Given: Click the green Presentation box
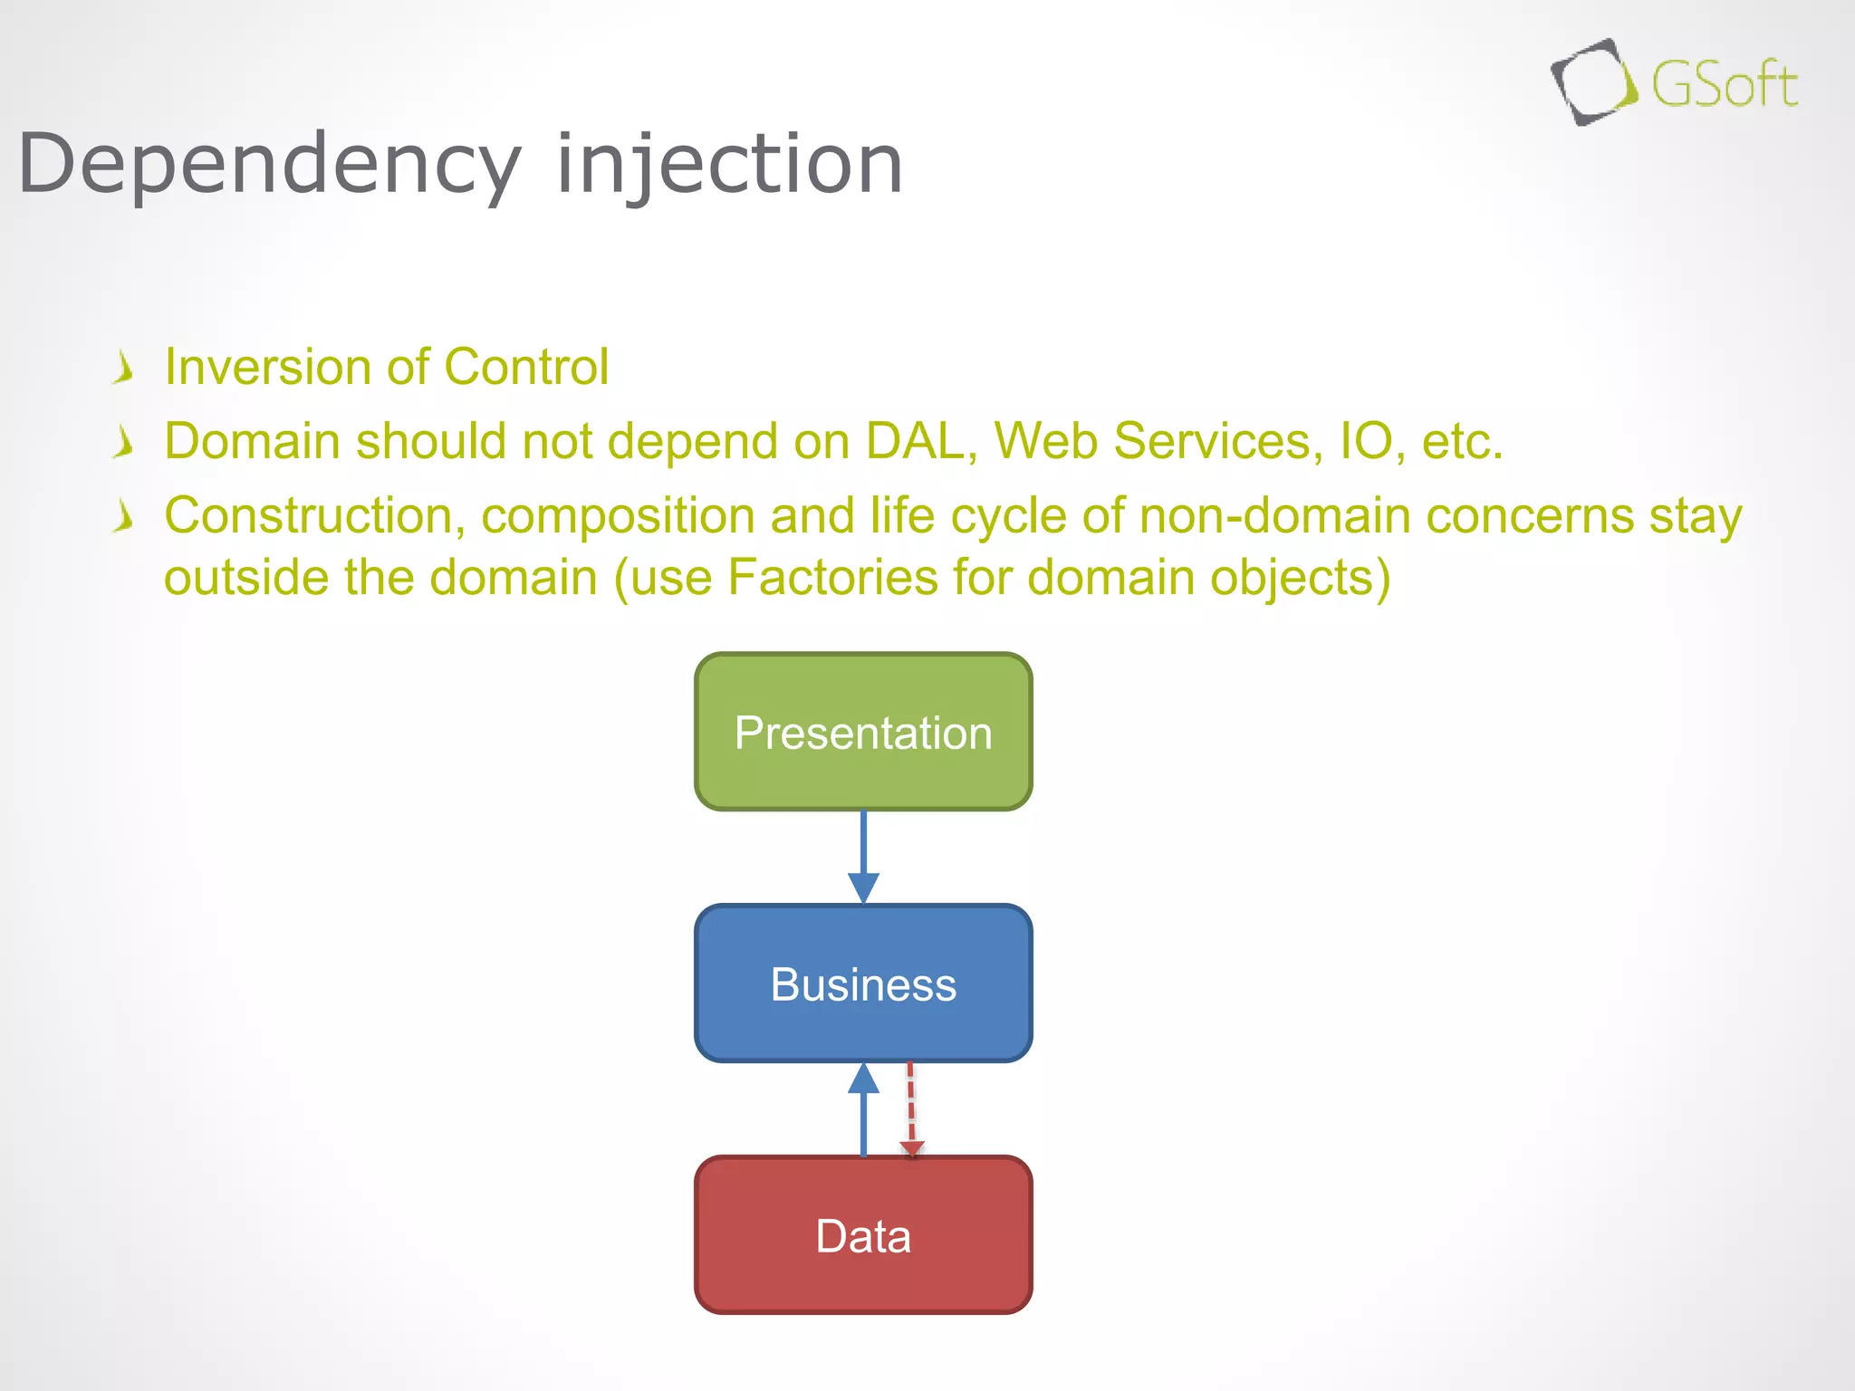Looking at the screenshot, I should [863, 732].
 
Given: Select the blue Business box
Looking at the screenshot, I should [863, 983].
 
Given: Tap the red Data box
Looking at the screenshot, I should [863, 1235].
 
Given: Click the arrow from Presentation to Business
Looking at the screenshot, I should [863, 855].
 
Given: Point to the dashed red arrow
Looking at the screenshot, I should [911, 1110].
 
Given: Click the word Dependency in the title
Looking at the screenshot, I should [270, 165].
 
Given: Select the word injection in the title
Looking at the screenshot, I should [729, 165].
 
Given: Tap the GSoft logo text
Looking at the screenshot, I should [1724, 85].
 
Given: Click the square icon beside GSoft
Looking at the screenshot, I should [1593, 82].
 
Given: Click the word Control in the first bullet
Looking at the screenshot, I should [525, 367].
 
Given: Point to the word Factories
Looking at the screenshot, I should [831, 577].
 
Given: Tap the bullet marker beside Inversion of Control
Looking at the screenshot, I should [124, 369].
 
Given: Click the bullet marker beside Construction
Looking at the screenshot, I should [124, 517].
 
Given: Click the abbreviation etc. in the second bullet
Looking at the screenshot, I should [1462, 441].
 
